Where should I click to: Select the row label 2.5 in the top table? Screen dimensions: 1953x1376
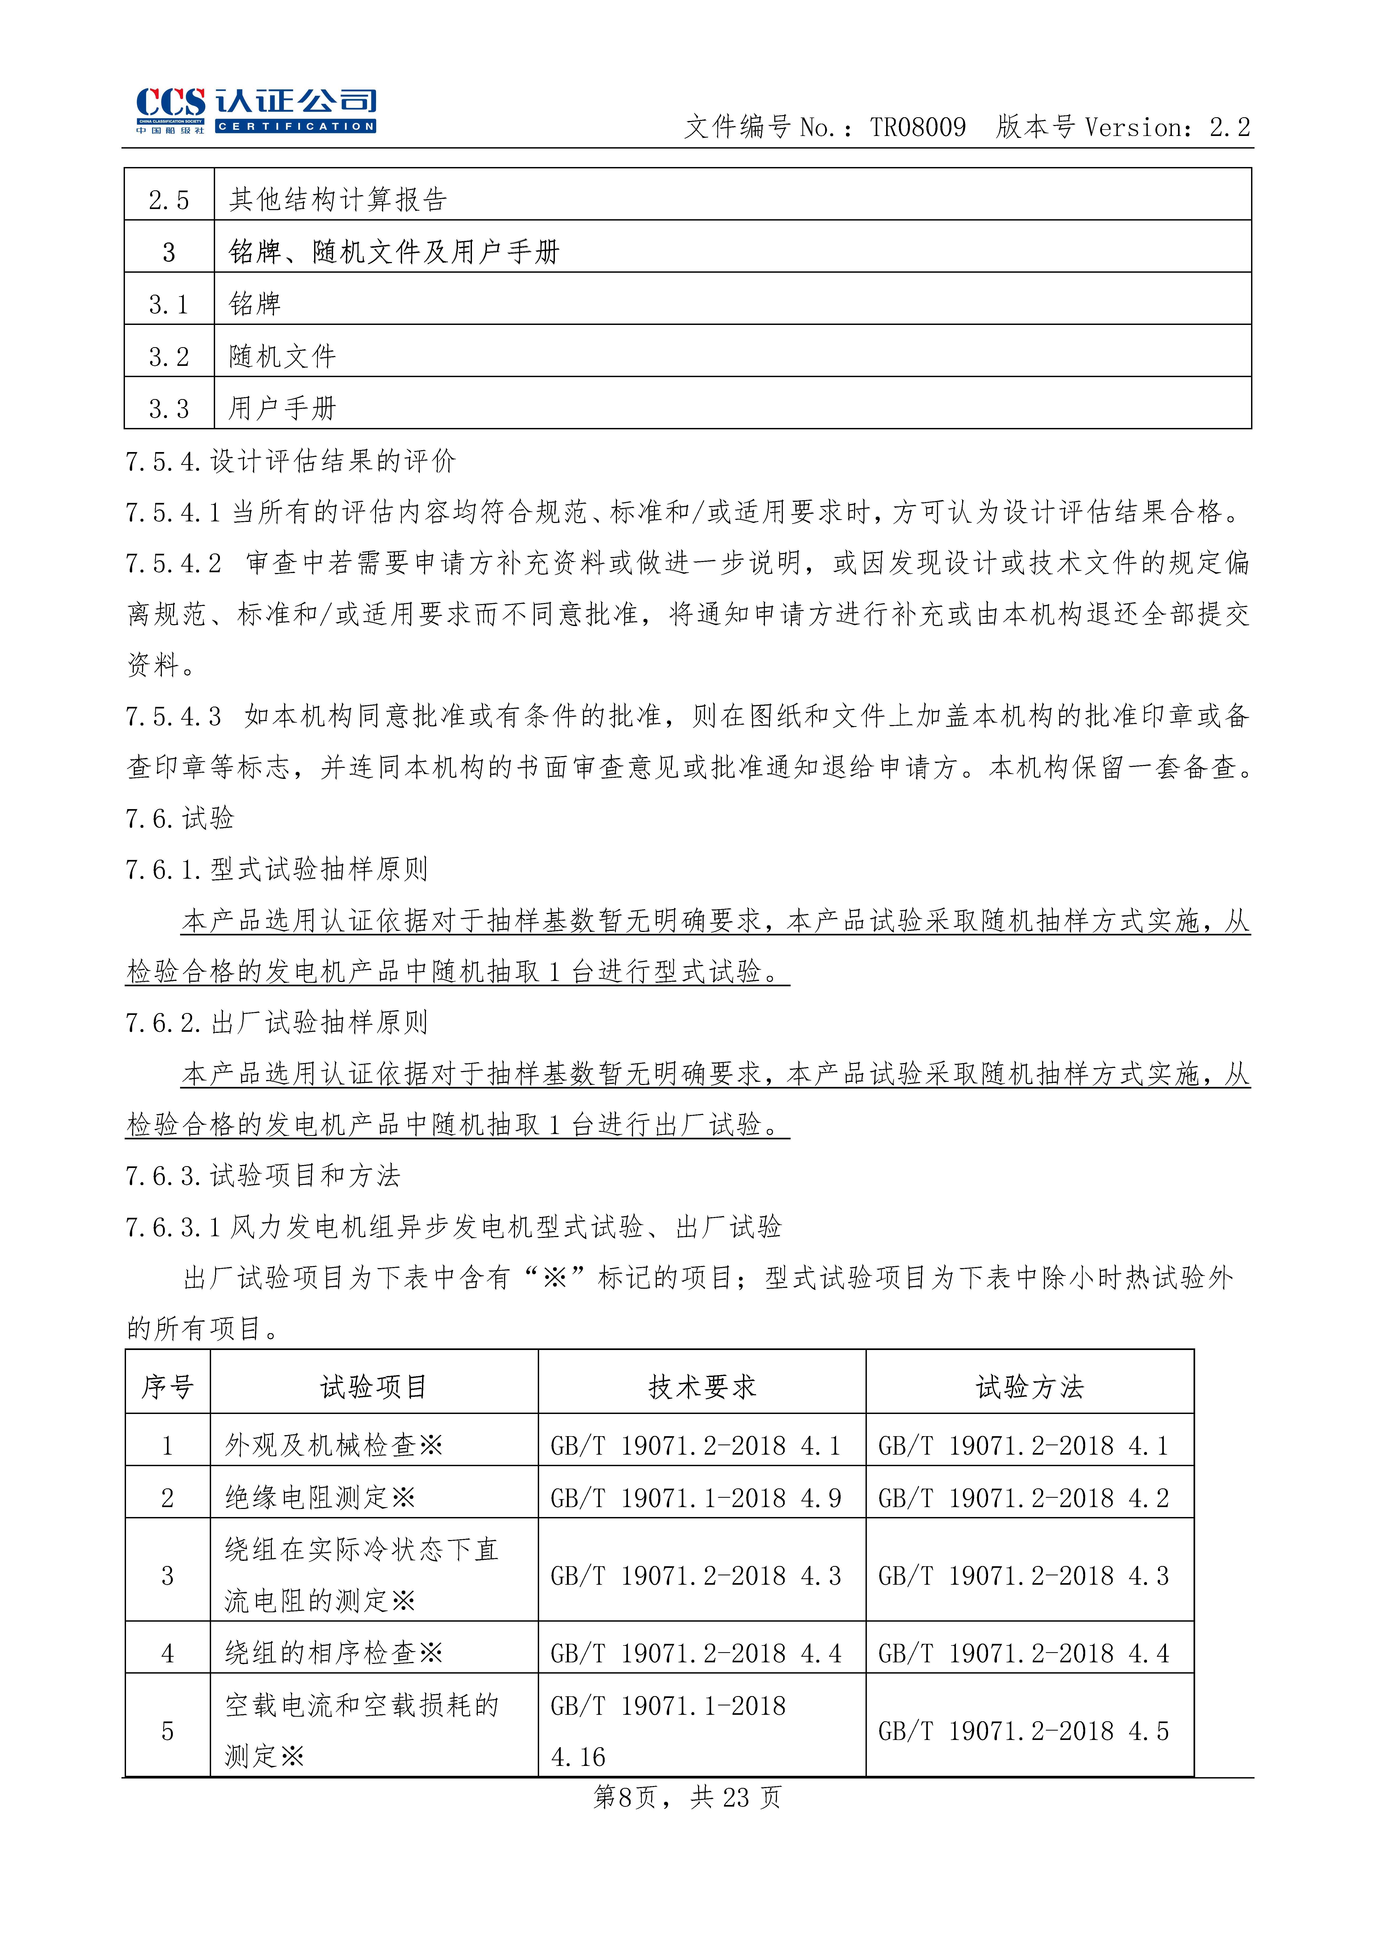[x=168, y=200]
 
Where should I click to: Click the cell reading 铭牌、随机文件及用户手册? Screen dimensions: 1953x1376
[x=394, y=252]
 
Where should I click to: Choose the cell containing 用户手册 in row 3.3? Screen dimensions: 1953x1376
[x=282, y=408]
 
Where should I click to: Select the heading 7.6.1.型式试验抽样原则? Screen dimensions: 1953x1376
[x=276, y=869]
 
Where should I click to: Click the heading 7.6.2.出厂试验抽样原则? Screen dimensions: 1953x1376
[x=276, y=1022]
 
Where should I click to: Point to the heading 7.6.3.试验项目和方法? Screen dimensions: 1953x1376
[x=262, y=1175]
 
